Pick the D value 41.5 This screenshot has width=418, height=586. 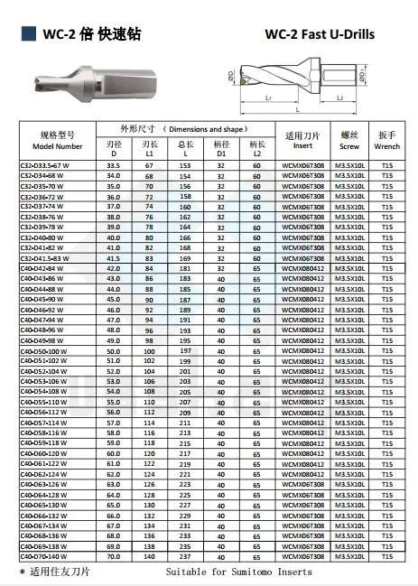click(113, 258)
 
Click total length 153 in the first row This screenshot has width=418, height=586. click(185, 165)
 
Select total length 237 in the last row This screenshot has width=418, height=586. click(185, 558)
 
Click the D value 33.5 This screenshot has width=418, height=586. click(113, 165)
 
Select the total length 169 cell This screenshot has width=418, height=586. click(185, 258)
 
